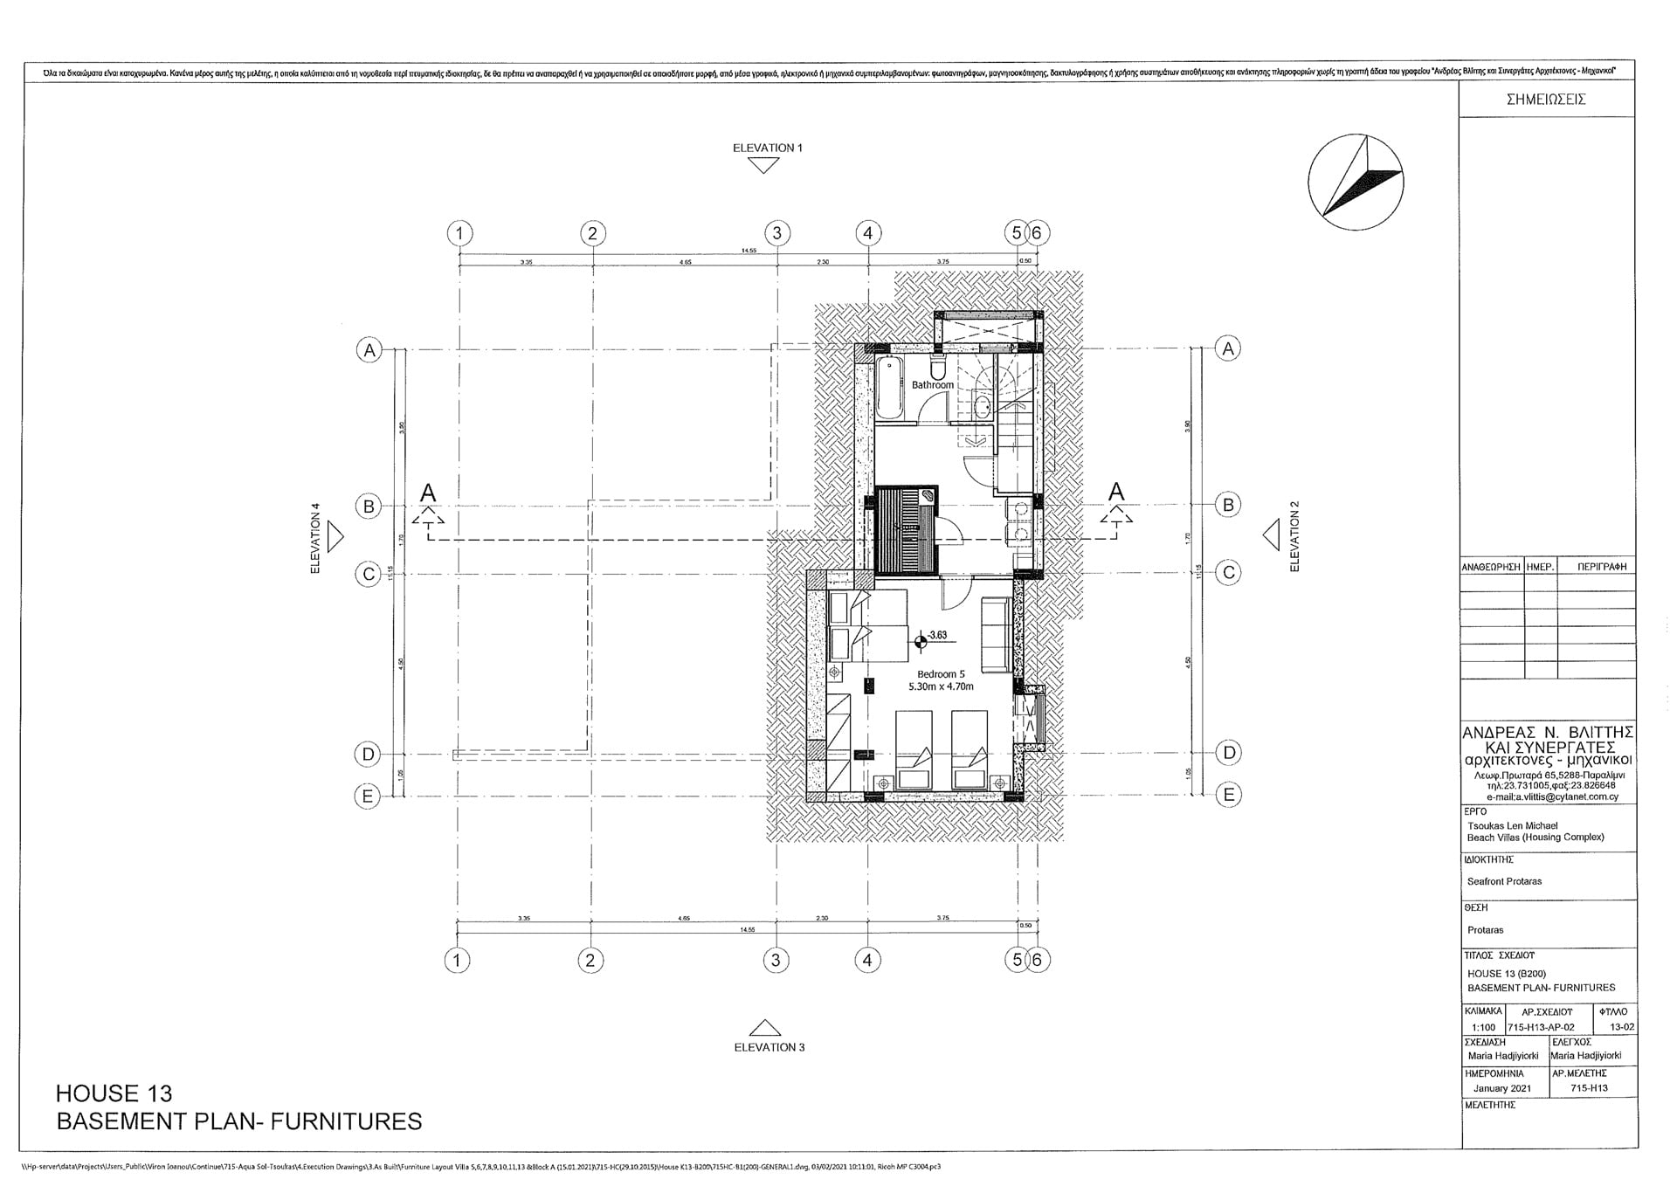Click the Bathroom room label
(932, 385)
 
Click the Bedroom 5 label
(941, 674)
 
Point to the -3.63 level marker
(936, 635)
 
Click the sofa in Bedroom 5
(996, 634)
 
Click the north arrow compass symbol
(1356, 182)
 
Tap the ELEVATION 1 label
(767, 148)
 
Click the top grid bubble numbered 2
(592, 233)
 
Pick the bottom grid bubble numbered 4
(866, 960)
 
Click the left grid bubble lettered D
(368, 754)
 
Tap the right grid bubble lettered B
(1228, 505)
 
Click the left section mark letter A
(427, 493)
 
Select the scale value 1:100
(1482, 1027)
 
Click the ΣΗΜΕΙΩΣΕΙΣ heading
(1545, 100)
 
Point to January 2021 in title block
(1502, 1088)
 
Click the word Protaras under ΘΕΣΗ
(1485, 930)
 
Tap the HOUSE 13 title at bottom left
(114, 1093)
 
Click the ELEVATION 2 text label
(1294, 536)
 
